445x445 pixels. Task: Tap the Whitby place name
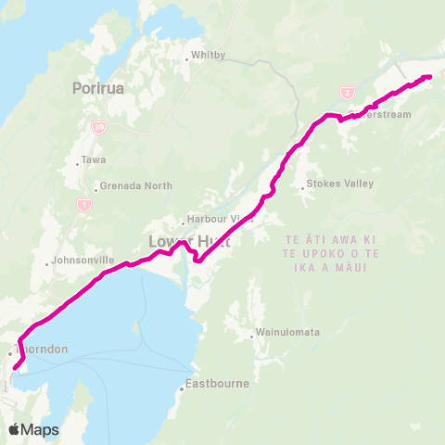coord(208,55)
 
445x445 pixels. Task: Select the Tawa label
coord(94,159)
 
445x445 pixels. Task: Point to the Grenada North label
coord(135,185)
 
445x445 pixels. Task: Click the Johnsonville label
coord(84,261)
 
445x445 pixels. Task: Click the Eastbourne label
coord(214,383)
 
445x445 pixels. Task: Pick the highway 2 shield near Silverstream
coord(347,93)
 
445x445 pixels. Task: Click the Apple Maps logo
coord(33,429)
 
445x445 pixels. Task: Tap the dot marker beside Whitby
coord(186,60)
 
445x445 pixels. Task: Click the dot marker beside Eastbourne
coord(183,389)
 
